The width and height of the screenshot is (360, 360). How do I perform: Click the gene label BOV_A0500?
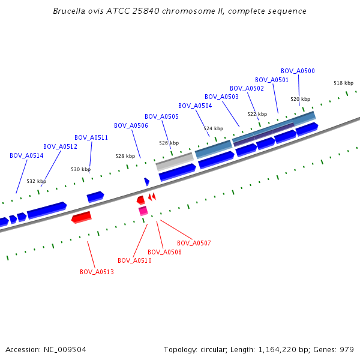tap(298, 71)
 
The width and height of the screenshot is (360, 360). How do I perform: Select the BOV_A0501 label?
tap(272, 80)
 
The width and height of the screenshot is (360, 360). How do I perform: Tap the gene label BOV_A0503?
tap(221, 97)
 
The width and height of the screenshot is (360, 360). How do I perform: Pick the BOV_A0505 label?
tap(161, 116)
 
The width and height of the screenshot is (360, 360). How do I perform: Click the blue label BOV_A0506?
tap(131, 125)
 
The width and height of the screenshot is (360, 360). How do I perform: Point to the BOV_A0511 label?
tap(91, 137)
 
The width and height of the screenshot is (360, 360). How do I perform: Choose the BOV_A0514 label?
tap(26, 155)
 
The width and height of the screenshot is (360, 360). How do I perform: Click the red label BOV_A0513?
tap(97, 272)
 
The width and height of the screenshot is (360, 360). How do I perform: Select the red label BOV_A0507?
tap(194, 243)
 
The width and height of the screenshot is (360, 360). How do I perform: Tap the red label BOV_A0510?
tap(134, 260)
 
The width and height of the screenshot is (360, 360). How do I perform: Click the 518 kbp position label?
tap(344, 83)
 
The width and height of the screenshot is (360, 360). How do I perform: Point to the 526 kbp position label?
tap(169, 143)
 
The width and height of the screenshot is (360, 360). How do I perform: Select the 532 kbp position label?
tap(36, 181)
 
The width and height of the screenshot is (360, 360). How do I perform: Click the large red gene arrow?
tap(82, 217)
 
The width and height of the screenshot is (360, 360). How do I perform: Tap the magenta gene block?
tap(143, 211)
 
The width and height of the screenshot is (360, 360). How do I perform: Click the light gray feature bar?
tap(175, 161)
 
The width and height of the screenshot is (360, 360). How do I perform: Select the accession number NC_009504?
tap(64, 349)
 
